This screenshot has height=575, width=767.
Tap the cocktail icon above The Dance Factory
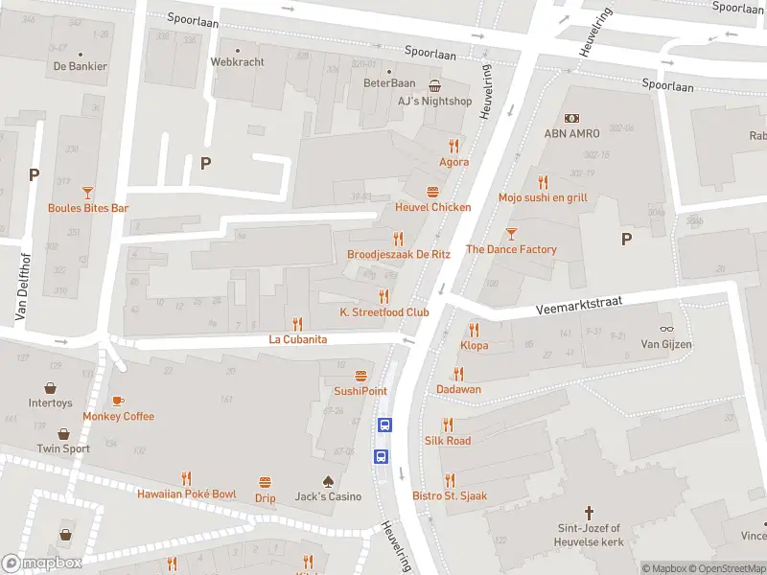click(x=511, y=233)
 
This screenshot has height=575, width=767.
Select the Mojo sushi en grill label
click(x=543, y=197)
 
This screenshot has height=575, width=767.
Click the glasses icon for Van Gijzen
click(x=665, y=329)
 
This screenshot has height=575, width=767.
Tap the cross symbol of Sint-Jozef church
click(x=590, y=513)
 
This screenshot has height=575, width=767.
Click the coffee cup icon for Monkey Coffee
click(x=118, y=401)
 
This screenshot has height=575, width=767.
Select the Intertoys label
click(x=50, y=403)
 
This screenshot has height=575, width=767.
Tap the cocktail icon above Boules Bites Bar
click(x=88, y=192)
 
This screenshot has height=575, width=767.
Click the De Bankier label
click(x=81, y=66)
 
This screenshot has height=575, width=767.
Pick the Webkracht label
click(x=237, y=61)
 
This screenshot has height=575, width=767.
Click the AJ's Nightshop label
click(x=435, y=101)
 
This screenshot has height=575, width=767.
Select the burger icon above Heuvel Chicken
click(x=433, y=192)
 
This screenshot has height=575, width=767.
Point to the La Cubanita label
click(x=298, y=339)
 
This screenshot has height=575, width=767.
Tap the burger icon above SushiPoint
click(x=360, y=376)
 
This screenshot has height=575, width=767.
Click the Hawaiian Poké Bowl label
click(x=186, y=494)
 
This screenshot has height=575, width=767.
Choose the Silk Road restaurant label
click(x=448, y=440)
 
